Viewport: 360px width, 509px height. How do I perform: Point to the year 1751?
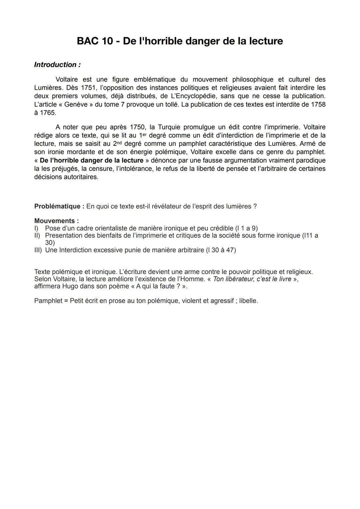tap(88, 88)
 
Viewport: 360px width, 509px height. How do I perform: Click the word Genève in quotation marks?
tap(76, 104)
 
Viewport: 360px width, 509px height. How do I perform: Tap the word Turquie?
tap(169, 127)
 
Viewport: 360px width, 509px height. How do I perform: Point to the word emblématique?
tap(154, 79)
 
